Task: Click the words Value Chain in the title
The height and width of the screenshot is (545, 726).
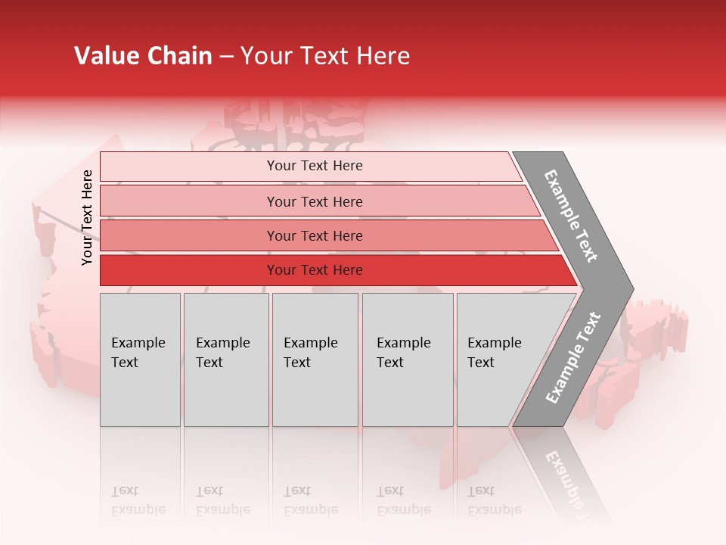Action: click(143, 56)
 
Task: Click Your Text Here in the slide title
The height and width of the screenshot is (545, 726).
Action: click(325, 56)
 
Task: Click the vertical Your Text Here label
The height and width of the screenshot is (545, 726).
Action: click(87, 217)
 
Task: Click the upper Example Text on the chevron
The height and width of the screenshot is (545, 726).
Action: click(571, 216)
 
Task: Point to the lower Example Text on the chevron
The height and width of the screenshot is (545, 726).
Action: click(573, 357)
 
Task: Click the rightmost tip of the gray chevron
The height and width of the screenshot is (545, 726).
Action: click(631, 289)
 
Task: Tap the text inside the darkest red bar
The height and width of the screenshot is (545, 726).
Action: click(315, 270)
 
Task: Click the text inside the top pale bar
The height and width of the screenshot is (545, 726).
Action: click(315, 166)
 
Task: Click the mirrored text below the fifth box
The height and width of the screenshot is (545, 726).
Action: click(494, 501)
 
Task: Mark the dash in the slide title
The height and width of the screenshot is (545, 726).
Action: click(226, 57)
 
